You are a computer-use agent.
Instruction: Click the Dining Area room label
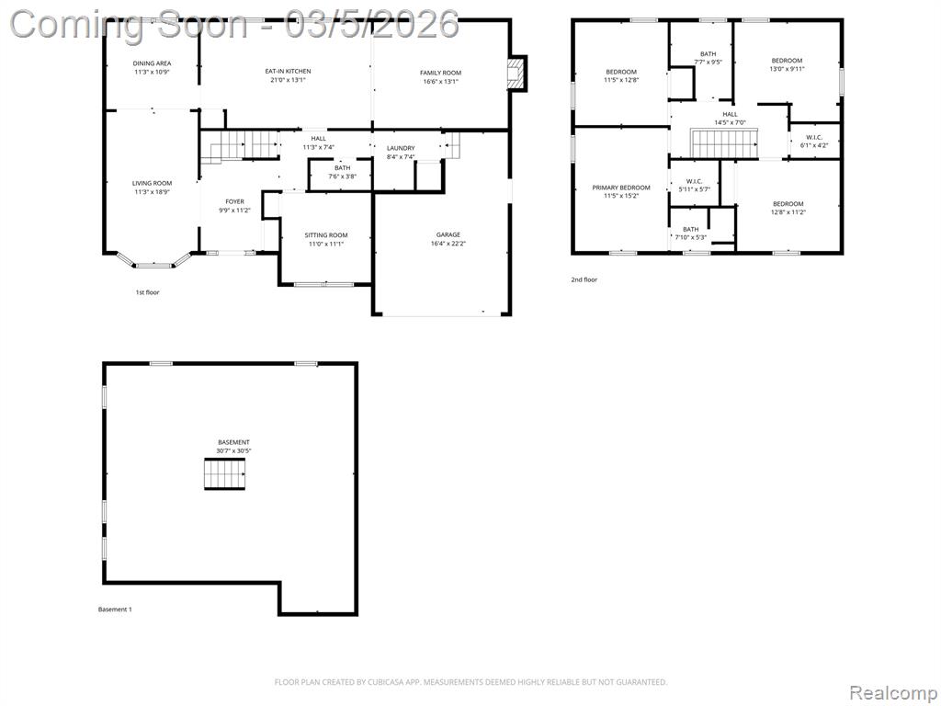[x=152, y=63]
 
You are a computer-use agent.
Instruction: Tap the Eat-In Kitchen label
[x=288, y=71]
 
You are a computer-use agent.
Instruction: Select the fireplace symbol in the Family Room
[x=516, y=74]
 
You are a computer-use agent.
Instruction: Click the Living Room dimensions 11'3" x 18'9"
[x=152, y=192]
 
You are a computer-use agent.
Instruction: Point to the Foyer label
[x=234, y=201]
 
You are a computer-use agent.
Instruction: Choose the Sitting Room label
[x=326, y=235]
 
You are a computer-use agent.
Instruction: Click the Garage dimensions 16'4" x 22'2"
[x=448, y=244]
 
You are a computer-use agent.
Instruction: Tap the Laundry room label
[x=401, y=148]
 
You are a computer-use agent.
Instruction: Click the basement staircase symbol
[x=225, y=474]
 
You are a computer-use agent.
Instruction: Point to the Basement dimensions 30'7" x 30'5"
[x=233, y=450]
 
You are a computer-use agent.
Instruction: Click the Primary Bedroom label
[x=621, y=188]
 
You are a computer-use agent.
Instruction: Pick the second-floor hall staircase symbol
[x=725, y=143]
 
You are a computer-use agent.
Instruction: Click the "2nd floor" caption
[x=584, y=279]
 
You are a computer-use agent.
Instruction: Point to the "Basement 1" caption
[x=115, y=609]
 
